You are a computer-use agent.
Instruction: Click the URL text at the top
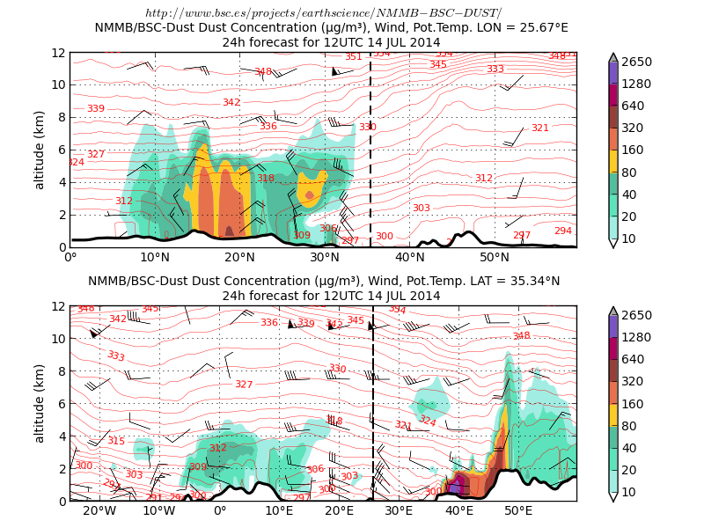coord(323,13)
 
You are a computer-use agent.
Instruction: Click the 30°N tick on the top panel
coord(326,257)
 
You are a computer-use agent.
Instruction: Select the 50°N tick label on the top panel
coord(495,257)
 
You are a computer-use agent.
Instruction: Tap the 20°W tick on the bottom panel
coord(99,511)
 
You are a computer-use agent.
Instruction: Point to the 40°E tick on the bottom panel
coord(458,511)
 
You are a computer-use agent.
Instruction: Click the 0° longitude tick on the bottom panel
coord(219,511)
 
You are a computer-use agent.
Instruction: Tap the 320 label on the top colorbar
coord(634,127)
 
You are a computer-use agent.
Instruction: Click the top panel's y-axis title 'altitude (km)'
coord(40,150)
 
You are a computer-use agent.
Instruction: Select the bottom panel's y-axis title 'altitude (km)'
coord(40,404)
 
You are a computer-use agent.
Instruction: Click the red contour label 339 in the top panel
coord(96,109)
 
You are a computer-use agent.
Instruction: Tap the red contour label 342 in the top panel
coord(231,103)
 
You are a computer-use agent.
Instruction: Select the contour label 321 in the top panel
coord(539,128)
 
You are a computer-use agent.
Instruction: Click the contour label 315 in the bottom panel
coord(116,441)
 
